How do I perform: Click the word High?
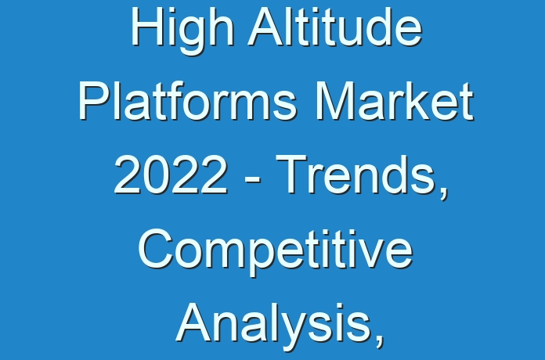click(x=182, y=29)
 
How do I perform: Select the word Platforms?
click(x=188, y=100)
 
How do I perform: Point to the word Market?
click(x=394, y=100)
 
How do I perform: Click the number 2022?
click(x=171, y=175)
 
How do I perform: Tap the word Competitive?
click(x=276, y=251)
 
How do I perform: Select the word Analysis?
click(x=272, y=326)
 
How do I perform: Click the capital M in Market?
click(x=334, y=101)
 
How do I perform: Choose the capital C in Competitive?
click(x=156, y=249)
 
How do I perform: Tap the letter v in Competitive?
click(x=370, y=254)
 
